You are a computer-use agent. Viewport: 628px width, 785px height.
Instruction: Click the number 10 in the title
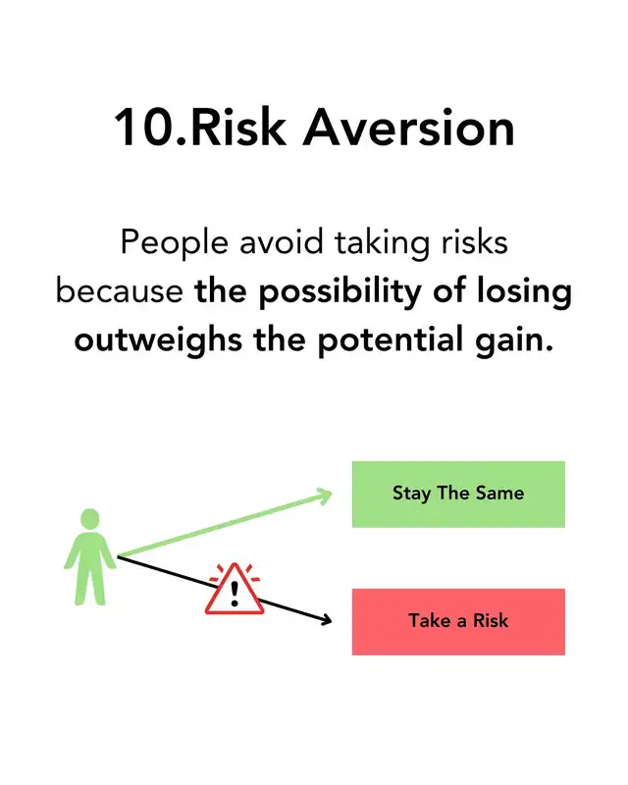pos(143,128)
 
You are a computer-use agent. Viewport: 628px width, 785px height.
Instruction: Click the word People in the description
pos(175,244)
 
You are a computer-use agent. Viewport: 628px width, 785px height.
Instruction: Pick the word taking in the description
pos(382,244)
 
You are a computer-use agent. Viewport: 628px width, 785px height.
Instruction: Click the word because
pos(119,290)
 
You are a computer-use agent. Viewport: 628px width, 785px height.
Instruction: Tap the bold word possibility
pos(340,292)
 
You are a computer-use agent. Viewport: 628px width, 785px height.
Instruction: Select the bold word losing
pos(524,292)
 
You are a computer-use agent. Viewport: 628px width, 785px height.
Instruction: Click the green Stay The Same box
pos(458,495)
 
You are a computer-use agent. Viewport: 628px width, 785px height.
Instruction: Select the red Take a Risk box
pos(458,621)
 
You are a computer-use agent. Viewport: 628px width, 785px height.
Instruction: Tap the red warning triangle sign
pos(235,590)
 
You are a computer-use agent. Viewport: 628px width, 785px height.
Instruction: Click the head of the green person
pos(90,519)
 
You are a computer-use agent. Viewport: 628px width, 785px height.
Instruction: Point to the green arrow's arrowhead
pos(325,497)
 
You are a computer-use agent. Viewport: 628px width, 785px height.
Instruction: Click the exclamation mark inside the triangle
pos(235,594)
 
